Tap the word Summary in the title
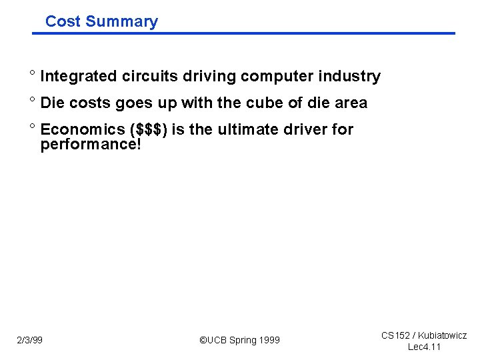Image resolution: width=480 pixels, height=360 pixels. coord(121,21)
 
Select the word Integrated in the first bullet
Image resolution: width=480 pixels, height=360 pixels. coord(79,77)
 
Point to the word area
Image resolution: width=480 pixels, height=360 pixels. coord(349,103)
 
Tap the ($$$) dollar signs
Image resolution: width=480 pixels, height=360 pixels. coord(147,129)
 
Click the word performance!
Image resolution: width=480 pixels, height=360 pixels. coord(91,144)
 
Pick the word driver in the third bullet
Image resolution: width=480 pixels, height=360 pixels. coord(307,129)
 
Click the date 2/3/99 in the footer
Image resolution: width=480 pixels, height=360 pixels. coord(30,341)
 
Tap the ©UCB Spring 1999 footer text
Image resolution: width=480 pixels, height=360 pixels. coord(240,341)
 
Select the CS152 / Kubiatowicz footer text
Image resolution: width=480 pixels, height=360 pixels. coord(423,335)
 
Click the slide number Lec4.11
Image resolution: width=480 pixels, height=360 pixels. coord(424,347)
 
